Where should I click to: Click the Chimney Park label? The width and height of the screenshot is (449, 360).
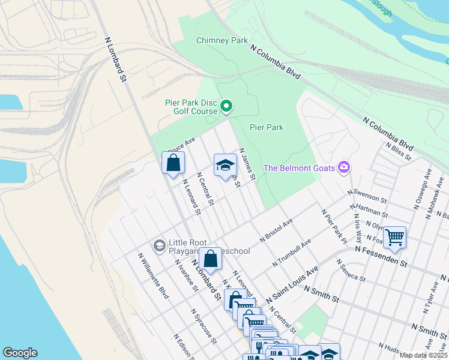coord(222,41)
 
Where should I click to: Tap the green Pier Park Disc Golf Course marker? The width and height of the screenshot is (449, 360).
coord(226,107)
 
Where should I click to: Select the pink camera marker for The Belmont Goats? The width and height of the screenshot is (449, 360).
coord(344,166)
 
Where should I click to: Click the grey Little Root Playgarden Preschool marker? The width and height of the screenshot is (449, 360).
coord(160,245)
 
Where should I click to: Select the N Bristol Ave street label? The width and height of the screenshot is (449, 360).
coord(276,230)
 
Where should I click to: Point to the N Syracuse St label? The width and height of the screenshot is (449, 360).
coord(203,326)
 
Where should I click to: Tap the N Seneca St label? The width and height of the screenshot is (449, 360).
coord(351,270)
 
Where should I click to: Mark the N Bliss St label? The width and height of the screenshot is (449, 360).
coord(398,152)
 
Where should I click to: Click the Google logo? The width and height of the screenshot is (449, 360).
coord(20,353)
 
